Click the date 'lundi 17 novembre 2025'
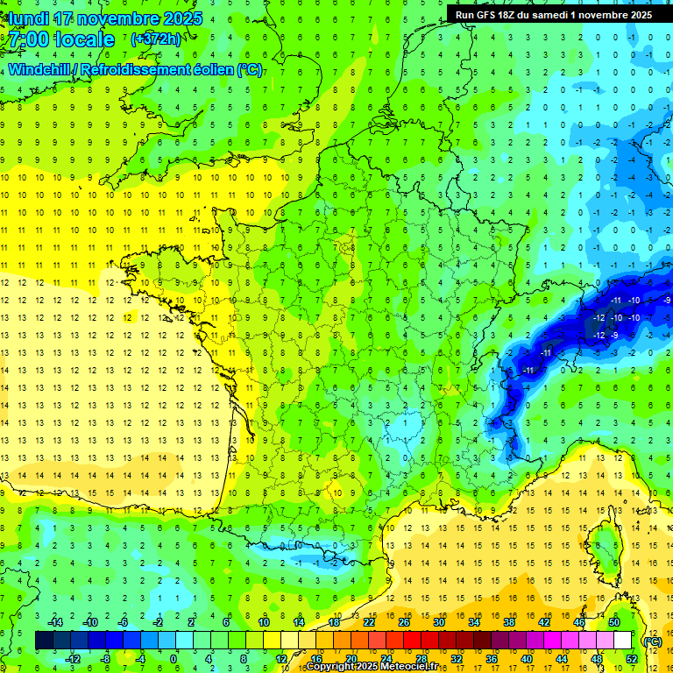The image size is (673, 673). pos(103,18)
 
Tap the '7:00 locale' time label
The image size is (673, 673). pos(62,39)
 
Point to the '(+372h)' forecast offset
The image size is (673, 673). pos(157,39)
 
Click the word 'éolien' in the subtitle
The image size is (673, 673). pos(209,69)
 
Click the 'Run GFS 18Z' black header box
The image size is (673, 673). pos(553,14)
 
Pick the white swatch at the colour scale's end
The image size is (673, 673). pos(623,641)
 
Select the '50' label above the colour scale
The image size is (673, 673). pos(614,622)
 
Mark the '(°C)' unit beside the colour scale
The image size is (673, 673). pos(651,641)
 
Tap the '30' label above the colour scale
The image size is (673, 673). pos(439,622)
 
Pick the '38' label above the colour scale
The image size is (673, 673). pos(509,622)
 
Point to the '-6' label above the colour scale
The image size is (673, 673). pos(124,622)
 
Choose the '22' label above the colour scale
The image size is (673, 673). pos(369,622)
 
